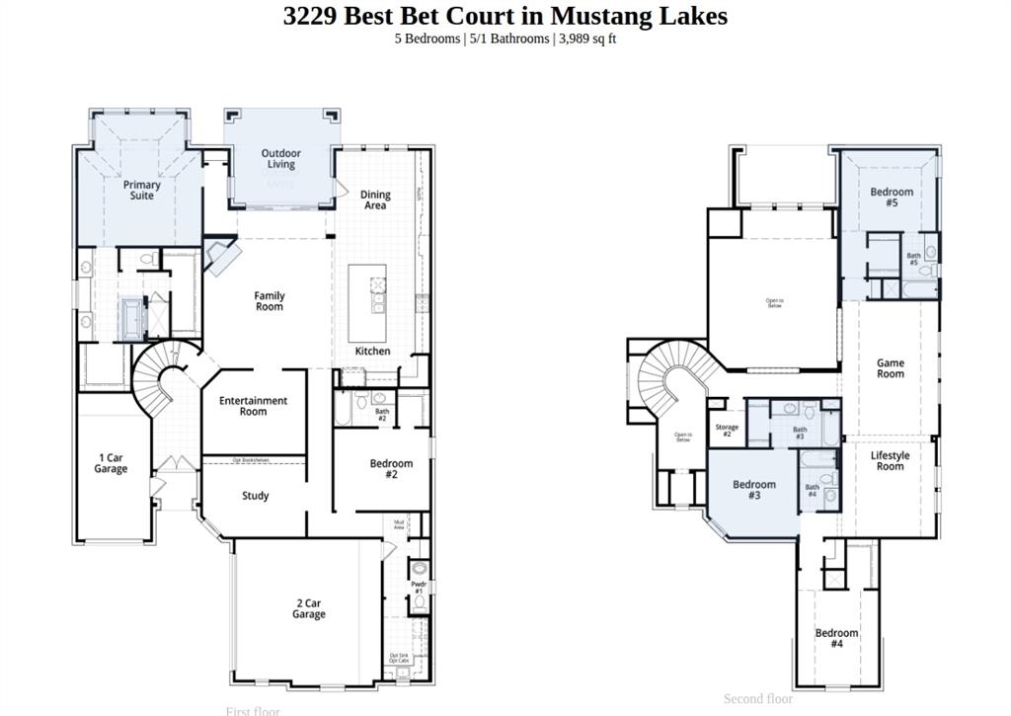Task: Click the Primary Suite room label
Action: tap(142, 190)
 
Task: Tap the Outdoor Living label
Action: tap(280, 159)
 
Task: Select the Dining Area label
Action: tap(375, 200)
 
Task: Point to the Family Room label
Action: tap(269, 301)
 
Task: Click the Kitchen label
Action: tap(372, 351)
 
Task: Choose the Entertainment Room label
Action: tap(253, 406)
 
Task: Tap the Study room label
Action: tap(256, 496)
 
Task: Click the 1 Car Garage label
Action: tap(111, 463)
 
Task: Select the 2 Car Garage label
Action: tap(308, 608)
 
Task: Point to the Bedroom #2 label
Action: tap(391, 469)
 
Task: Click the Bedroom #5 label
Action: tap(891, 197)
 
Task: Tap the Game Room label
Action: tap(890, 368)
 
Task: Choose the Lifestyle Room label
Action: tap(890, 461)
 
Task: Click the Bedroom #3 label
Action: tap(753, 490)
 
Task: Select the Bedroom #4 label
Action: tap(836, 638)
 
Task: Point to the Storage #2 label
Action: tap(727, 431)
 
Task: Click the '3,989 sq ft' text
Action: tap(587, 39)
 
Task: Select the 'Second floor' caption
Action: tap(757, 699)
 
